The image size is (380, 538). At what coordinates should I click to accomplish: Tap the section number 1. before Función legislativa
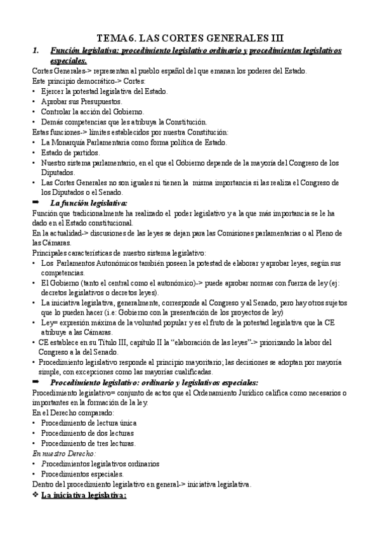(x=36, y=50)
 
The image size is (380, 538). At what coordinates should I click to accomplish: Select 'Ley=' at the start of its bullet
(x=49, y=323)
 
